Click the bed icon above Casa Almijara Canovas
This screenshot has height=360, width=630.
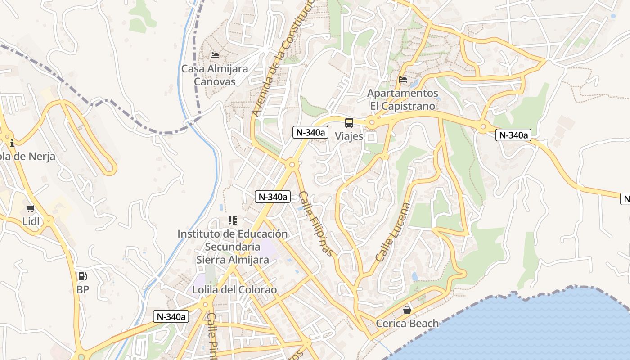(215, 55)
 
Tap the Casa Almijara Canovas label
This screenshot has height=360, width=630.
(215, 75)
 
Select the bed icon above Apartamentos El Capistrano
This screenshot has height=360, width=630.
(403, 80)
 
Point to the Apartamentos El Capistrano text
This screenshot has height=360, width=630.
(403, 99)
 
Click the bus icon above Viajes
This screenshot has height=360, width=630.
(349, 122)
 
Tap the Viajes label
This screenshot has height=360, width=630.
(349, 136)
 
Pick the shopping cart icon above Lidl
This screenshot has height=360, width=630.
(31, 208)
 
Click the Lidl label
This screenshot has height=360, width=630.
(31, 221)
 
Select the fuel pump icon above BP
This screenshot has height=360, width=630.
(82, 276)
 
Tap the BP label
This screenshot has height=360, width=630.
(83, 289)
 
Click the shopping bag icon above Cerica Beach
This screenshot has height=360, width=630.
(407, 310)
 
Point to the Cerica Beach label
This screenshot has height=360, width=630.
(407, 323)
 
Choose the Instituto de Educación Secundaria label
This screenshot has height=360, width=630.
(232, 247)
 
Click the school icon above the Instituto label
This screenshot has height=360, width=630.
(233, 220)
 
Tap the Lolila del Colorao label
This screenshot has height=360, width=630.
(234, 289)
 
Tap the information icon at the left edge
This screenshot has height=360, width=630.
(12, 144)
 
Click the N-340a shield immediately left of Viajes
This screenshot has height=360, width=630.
(310, 132)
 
